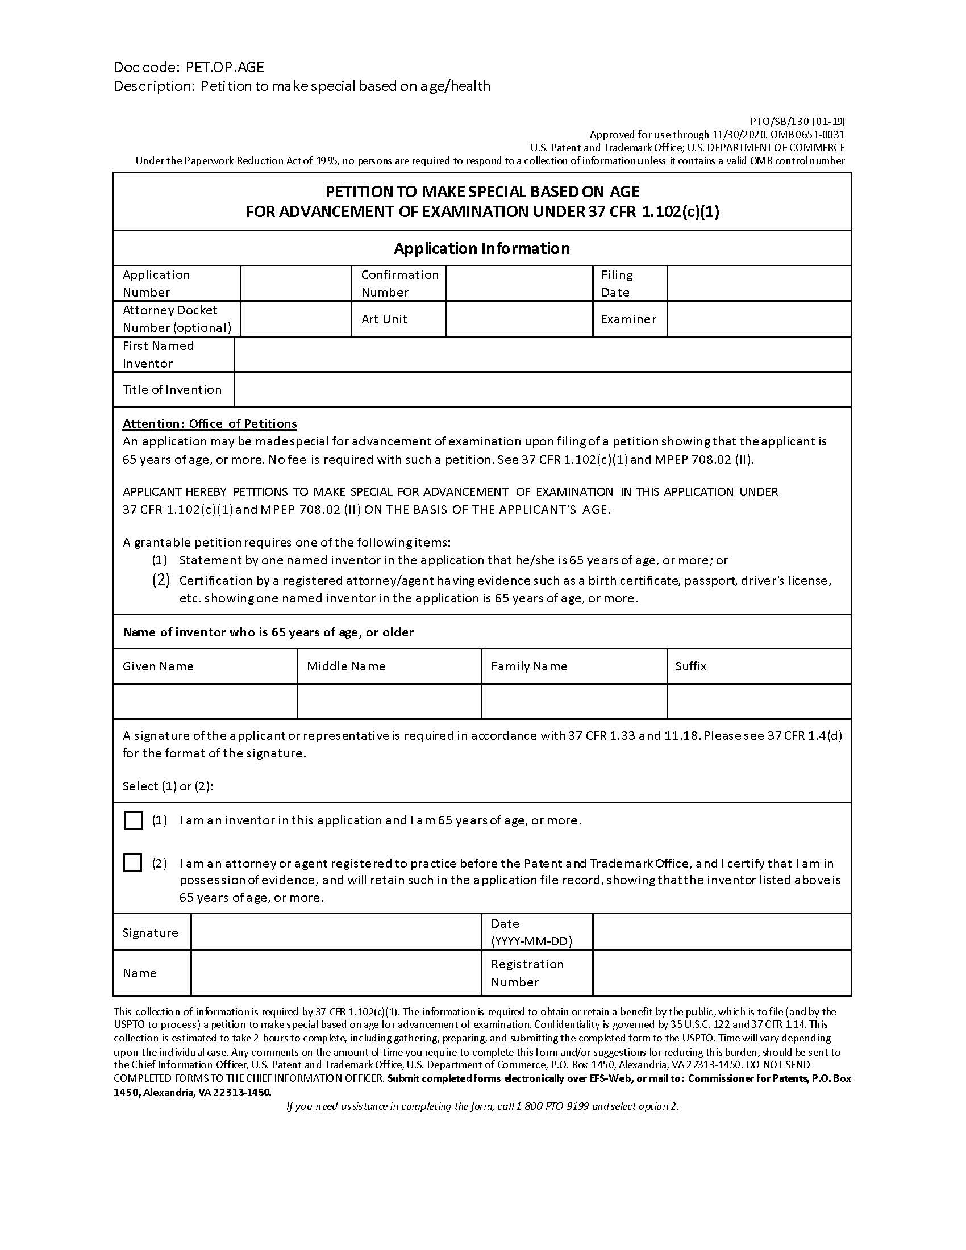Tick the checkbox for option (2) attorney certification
point(133,863)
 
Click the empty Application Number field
point(295,284)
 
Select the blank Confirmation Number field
point(519,284)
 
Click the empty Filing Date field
point(759,284)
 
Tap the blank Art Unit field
point(519,319)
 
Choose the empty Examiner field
point(759,319)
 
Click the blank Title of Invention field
point(542,390)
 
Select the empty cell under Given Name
point(205,701)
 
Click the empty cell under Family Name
point(574,701)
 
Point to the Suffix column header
point(691,666)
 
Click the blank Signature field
point(336,933)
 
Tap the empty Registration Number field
point(722,973)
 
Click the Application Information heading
point(482,248)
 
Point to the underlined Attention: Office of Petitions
point(210,423)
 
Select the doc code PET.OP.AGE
point(224,68)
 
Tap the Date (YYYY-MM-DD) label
point(531,932)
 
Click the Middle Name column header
point(346,666)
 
